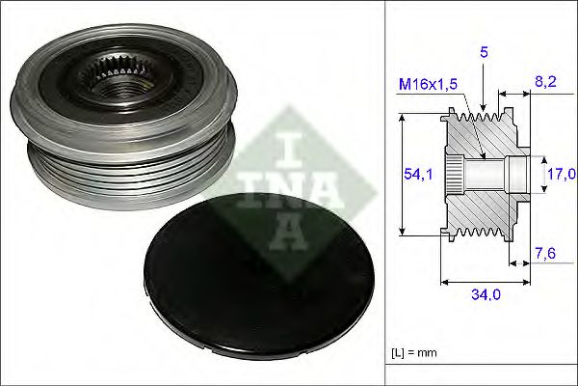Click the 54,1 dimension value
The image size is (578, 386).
tap(416, 174)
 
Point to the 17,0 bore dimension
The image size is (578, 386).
tap(560, 174)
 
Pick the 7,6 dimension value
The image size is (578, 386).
tap(544, 255)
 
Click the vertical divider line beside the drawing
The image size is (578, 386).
tap(386, 193)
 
